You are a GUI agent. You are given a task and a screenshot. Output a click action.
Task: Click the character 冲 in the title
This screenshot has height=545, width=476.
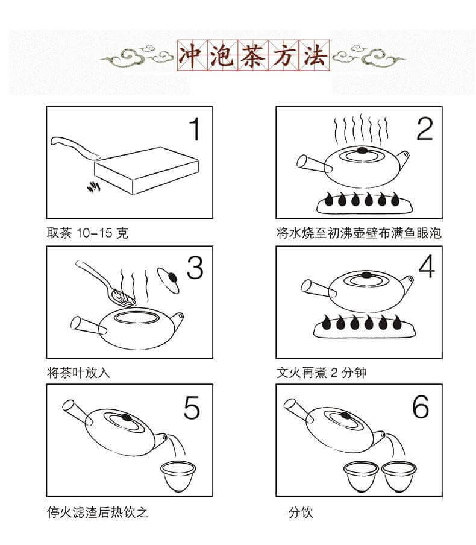click(192, 55)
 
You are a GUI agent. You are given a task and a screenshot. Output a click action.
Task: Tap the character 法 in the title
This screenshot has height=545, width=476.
click(314, 55)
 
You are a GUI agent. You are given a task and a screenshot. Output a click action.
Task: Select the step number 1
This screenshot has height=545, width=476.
click(195, 129)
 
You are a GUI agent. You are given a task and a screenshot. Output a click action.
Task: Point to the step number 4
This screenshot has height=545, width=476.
click(427, 266)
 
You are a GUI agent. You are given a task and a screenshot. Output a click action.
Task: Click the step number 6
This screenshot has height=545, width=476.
click(421, 406)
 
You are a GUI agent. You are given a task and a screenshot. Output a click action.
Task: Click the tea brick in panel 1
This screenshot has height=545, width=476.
click(146, 170)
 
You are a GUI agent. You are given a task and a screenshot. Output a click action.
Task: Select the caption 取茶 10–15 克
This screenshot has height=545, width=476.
click(87, 233)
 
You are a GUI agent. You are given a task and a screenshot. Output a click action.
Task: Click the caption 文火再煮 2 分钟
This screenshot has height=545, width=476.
click(322, 372)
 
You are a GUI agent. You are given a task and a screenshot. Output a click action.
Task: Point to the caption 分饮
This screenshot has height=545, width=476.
click(301, 512)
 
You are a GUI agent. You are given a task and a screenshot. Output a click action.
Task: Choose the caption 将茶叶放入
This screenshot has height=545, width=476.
click(78, 373)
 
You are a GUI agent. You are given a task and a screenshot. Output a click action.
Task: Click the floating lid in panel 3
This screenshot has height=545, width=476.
click(169, 280)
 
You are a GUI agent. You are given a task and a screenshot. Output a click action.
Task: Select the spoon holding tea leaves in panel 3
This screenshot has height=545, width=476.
click(106, 284)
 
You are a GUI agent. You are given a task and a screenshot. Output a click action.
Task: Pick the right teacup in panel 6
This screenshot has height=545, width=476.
click(398, 476)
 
